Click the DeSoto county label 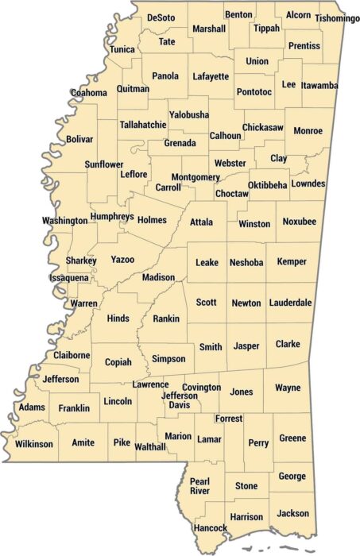(x=161, y=17)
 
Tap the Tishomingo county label (x=337, y=18)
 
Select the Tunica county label (x=122, y=49)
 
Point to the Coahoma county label (x=88, y=93)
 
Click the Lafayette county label (x=210, y=77)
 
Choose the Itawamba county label (x=320, y=85)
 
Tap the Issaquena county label (x=69, y=278)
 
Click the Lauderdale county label (x=290, y=303)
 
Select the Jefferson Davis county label (x=180, y=400)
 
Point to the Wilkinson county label (x=34, y=444)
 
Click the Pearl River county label (x=199, y=485)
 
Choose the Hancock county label (x=210, y=527)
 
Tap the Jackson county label (x=294, y=513)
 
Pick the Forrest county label (x=228, y=419)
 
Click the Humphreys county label (x=111, y=216)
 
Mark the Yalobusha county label (x=188, y=114)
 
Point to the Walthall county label (x=150, y=446)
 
